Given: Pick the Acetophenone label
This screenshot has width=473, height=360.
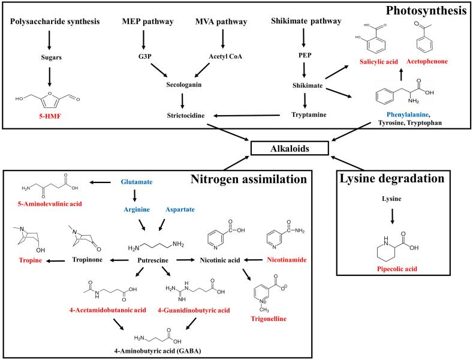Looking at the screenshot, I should [x=426, y=62].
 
